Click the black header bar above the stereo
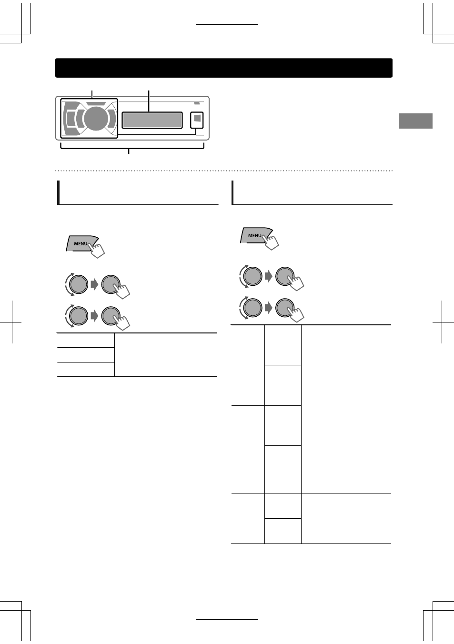click(x=224, y=68)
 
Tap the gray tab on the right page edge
click(x=415, y=121)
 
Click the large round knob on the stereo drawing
click(x=96, y=119)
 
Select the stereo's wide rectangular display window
click(x=152, y=120)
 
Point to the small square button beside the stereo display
click(x=197, y=120)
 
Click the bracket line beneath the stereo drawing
click(x=132, y=148)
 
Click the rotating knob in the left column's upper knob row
click(x=78, y=284)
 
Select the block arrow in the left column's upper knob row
click(x=94, y=285)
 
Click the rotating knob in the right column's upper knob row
click(x=252, y=276)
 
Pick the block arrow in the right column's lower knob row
click(x=268, y=308)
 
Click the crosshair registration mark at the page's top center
click(x=227, y=24)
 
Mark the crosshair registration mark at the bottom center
click(x=227, y=619)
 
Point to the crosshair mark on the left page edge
click(x=12, y=322)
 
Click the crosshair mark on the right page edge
click(x=442, y=322)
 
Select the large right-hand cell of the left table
click(x=166, y=355)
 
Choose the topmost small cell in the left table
click(x=86, y=341)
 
